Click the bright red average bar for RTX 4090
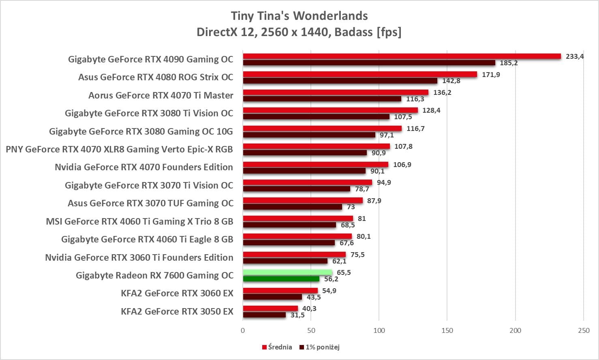click(401, 56)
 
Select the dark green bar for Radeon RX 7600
click(281, 279)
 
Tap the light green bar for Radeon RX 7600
click(287, 272)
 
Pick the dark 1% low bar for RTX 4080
click(340, 81)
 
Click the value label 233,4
click(575, 56)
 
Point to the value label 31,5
click(297, 315)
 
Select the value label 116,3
click(415, 99)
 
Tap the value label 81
click(362, 219)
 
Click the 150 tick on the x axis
click(447, 330)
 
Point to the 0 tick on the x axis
click(243, 330)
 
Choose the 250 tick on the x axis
click(584, 330)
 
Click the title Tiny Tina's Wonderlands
click(299, 16)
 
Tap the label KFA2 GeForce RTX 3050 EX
click(177, 311)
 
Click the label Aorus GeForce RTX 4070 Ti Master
click(161, 95)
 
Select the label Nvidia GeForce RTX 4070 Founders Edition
click(144, 167)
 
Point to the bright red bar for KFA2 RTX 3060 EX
click(280, 291)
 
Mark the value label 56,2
click(331, 279)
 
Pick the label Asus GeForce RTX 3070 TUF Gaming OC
click(150, 203)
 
